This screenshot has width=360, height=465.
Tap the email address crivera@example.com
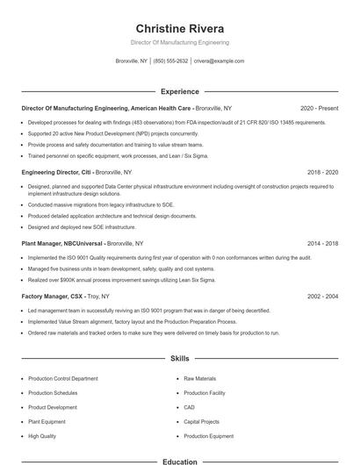[x=219, y=61]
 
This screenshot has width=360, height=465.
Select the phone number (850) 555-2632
[x=170, y=61]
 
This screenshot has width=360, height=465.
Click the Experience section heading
[x=179, y=90]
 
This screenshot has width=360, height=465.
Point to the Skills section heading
[x=179, y=359]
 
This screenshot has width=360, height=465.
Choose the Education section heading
[x=179, y=461]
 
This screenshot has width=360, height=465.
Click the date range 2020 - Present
[x=319, y=108]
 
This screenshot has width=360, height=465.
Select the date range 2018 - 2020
[x=321, y=173]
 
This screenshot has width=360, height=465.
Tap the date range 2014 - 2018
[x=321, y=243]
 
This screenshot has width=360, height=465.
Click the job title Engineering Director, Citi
[x=56, y=173]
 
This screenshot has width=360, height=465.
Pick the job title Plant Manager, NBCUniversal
[x=62, y=243]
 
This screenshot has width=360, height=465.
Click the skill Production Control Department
[x=63, y=378]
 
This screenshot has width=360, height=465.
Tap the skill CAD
[x=190, y=407]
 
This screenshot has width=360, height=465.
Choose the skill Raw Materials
[x=199, y=378]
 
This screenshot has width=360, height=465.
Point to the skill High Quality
[x=42, y=436]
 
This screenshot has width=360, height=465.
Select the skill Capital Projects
[x=202, y=421]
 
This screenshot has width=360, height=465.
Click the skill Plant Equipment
[x=47, y=421]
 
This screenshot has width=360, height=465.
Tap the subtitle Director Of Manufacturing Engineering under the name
[x=179, y=42]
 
